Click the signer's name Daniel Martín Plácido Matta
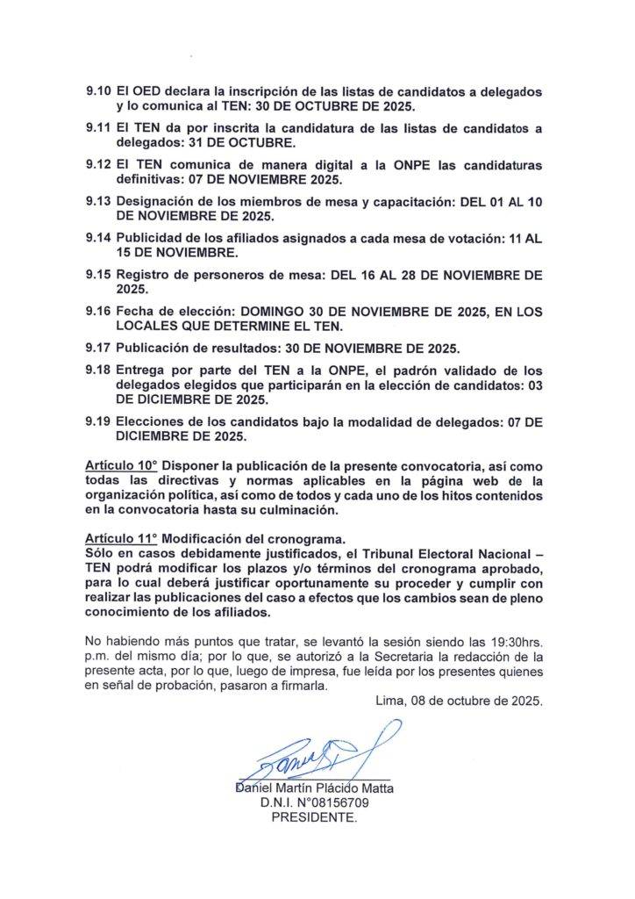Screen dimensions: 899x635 315,788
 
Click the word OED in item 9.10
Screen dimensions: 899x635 145,92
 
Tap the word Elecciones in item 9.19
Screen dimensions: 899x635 150,422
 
